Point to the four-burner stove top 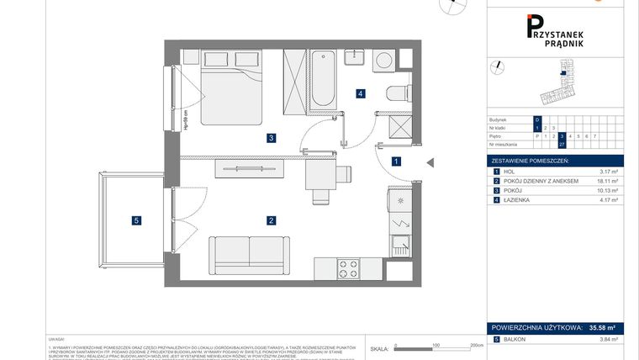[349, 269]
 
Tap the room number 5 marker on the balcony [136, 221]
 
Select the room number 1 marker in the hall [396, 161]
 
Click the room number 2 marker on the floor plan [271, 221]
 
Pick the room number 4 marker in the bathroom [360, 94]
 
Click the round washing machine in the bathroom [384, 60]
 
